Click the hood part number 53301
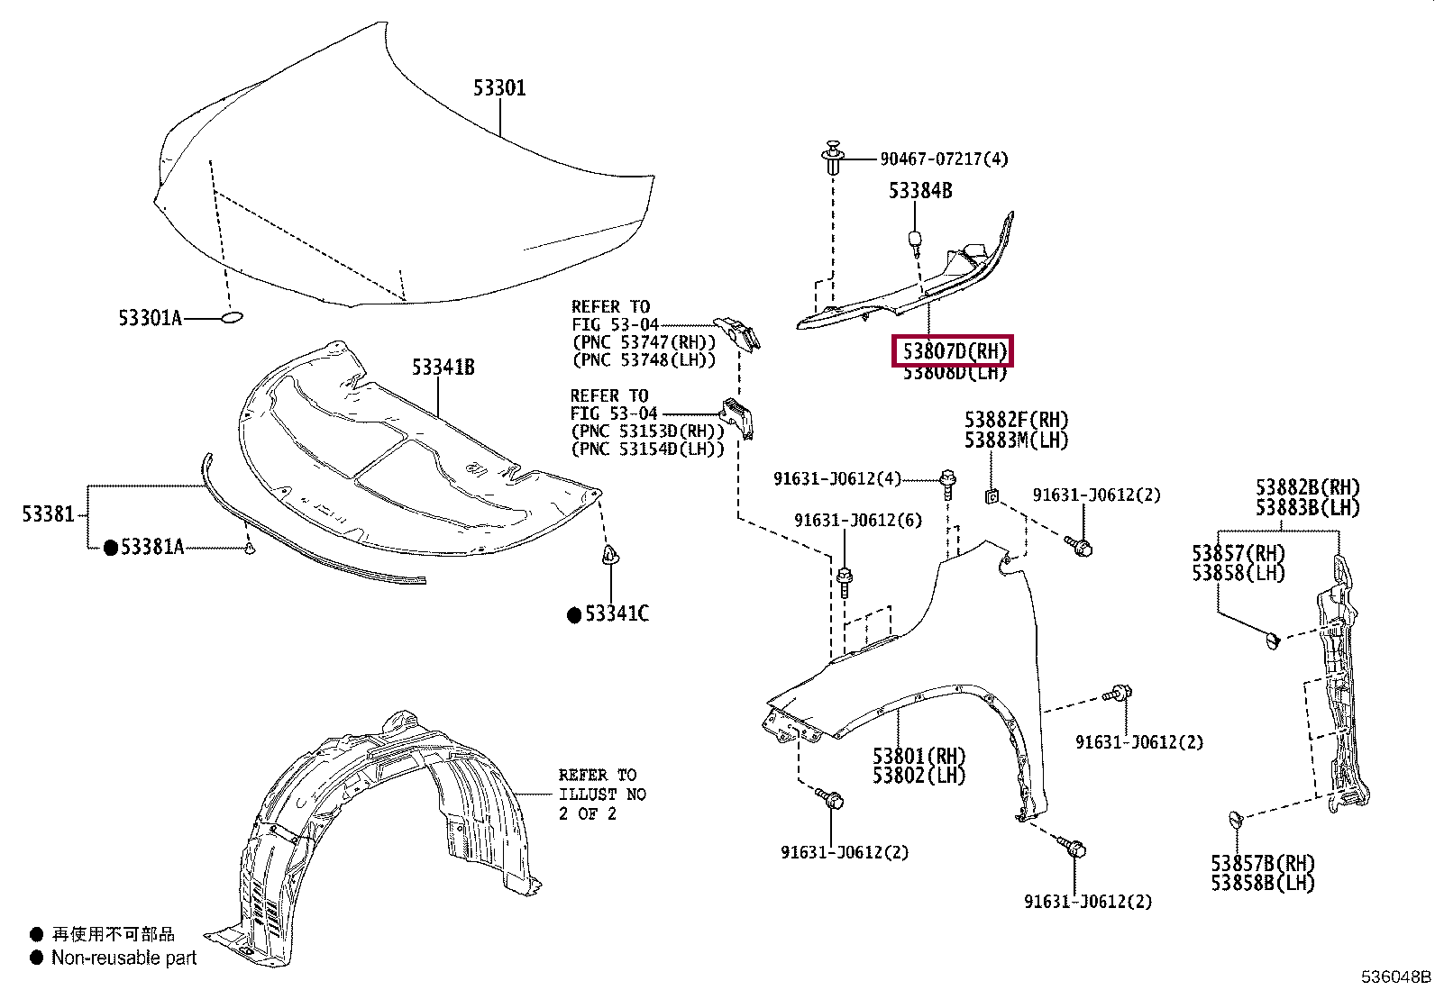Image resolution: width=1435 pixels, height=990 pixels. tap(499, 87)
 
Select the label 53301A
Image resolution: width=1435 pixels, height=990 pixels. tap(150, 318)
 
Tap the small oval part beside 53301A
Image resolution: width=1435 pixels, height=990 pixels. tap(231, 317)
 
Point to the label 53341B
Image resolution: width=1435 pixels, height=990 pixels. tap(443, 367)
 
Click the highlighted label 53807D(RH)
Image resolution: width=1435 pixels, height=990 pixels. tap(953, 350)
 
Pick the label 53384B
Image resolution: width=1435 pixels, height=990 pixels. tap(919, 190)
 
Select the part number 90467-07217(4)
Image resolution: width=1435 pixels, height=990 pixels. tap(944, 159)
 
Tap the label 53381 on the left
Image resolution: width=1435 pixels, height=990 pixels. tap(48, 514)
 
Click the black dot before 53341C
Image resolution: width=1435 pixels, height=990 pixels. tap(573, 615)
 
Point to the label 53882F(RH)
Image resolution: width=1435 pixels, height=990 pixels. tap(1016, 420)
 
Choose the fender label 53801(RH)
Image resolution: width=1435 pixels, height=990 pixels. tap(919, 756)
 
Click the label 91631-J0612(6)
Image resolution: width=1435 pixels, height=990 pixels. tap(857, 521)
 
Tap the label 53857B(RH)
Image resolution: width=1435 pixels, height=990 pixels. tap(1262, 863)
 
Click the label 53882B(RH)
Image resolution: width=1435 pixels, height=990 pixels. tap(1307, 487)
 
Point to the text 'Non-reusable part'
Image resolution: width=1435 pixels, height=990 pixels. tap(123, 958)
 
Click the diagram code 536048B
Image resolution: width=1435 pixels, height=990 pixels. tap(1395, 976)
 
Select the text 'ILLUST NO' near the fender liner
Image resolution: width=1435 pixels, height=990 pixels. tap(601, 794)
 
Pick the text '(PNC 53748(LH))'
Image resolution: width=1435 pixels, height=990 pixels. tap(644, 359)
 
